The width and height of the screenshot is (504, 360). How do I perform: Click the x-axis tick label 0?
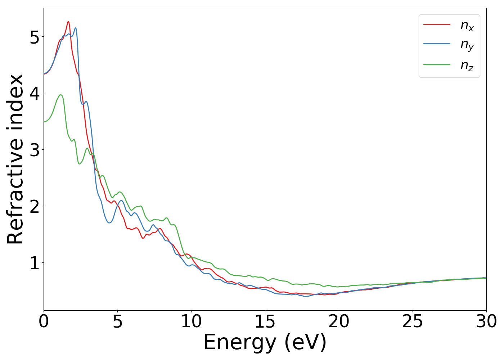tap(44, 321)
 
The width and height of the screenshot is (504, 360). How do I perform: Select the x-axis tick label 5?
tap(117, 321)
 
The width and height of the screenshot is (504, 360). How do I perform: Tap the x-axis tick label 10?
tap(191, 321)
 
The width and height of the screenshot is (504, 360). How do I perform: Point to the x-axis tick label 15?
tap(265, 321)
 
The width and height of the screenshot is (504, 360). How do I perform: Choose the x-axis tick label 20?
tap(339, 321)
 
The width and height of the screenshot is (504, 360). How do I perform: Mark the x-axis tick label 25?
tap(413, 321)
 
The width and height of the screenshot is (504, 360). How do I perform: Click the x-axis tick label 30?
tap(486, 321)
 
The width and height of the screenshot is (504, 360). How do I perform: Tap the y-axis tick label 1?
tap(35, 263)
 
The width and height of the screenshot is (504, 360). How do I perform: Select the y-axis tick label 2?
tap(35, 207)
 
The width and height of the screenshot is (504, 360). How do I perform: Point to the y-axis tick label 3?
tap(35, 150)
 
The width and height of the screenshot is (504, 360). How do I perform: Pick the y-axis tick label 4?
tap(35, 94)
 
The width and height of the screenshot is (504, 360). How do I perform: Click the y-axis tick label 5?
tap(35, 37)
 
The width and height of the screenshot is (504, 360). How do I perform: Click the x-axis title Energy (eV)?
tap(265, 342)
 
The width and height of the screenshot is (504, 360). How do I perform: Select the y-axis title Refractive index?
tap(15, 159)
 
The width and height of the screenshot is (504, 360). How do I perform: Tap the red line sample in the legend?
tap(437, 24)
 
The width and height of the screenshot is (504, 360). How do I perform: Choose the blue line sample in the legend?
tap(437, 44)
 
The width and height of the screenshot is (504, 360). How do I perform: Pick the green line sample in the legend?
tap(437, 65)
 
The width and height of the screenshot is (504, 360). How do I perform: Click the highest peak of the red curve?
tap(68, 22)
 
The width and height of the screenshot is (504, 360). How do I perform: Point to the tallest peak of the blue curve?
tap(75, 28)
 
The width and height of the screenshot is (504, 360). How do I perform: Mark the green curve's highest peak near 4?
tap(60, 95)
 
